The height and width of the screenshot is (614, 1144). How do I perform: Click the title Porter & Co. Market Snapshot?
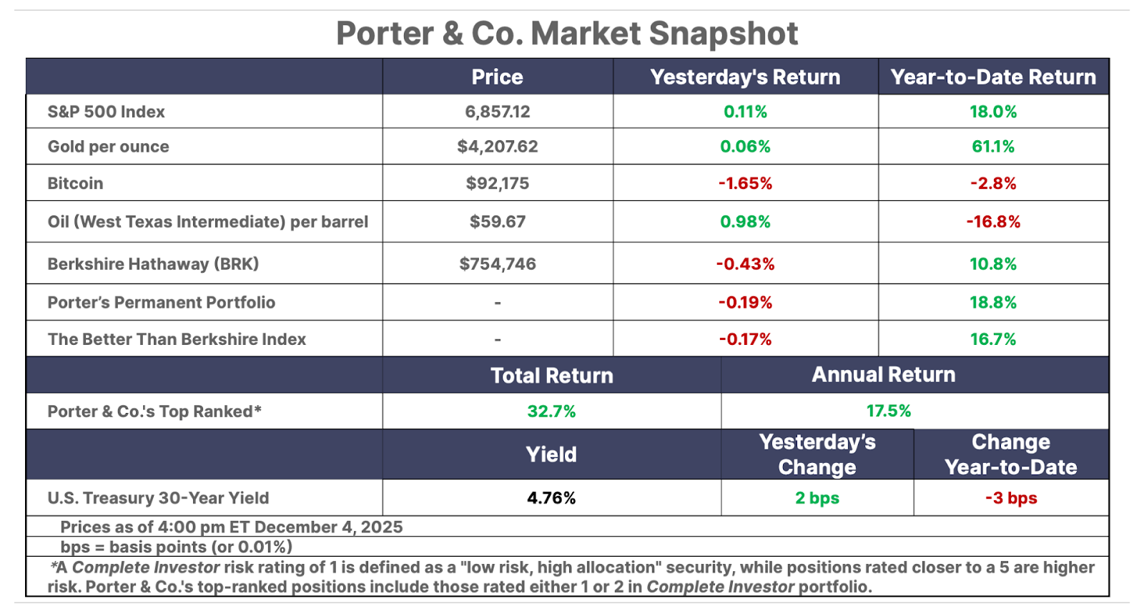click(x=567, y=34)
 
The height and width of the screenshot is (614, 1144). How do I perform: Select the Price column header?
click(x=497, y=77)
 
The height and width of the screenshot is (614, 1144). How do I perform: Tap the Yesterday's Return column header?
click(x=745, y=77)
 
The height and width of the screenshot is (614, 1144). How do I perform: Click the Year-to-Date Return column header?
click(x=993, y=77)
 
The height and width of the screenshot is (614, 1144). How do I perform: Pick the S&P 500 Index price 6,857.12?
click(x=497, y=112)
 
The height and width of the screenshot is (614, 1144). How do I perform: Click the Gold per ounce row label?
click(x=109, y=147)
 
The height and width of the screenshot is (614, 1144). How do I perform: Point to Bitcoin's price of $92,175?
click(x=497, y=183)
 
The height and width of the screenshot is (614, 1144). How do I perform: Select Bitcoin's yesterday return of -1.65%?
click(x=745, y=183)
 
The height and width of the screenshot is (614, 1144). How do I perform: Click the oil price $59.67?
click(x=497, y=222)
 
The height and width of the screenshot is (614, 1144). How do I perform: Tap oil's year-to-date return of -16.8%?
click(x=993, y=222)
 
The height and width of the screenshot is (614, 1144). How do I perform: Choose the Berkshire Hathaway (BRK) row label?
click(x=153, y=264)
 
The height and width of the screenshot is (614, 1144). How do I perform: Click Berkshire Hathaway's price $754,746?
click(x=497, y=264)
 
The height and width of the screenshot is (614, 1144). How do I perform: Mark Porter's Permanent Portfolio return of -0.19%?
click(x=745, y=303)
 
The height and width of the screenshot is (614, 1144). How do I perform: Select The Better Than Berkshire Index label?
click(x=177, y=339)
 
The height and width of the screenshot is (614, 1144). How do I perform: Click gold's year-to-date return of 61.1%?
click(x=993, y=147)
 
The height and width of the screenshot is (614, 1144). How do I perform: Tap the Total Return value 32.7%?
click(x=551, y=411)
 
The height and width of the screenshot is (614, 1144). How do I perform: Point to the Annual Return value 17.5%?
click(x=889, y=411)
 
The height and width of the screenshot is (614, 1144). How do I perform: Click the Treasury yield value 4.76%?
click(x=551, y=498)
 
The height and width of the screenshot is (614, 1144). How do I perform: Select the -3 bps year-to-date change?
click(x=1011, y=498)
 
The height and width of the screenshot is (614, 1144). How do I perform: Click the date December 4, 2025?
click(x=328, y=527)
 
